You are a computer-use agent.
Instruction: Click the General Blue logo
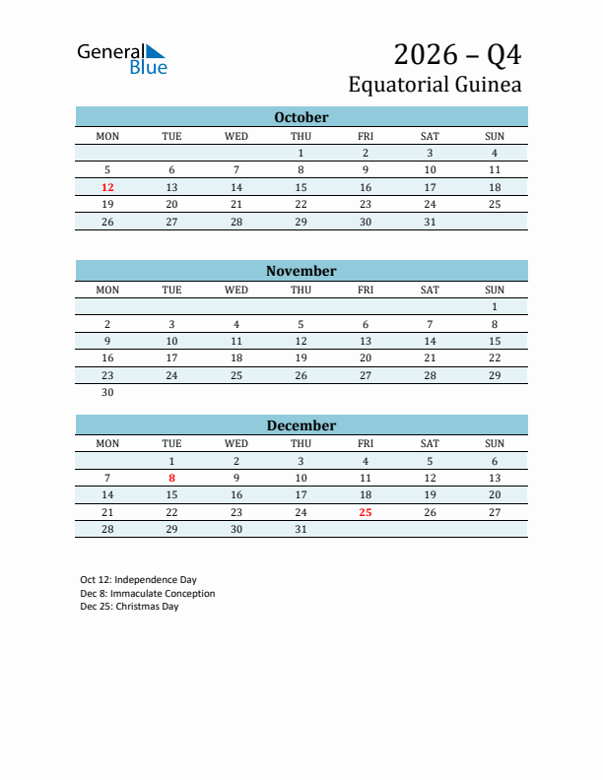[122, 58]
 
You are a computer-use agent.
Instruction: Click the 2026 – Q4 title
[457, 53]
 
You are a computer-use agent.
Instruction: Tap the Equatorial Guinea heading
[435, 85]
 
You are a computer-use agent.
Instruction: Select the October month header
[301, 117]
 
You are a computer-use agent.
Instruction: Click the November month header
[301, 271]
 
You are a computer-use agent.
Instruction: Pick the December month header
[301, 425]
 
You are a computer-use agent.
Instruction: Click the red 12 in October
[107, 187]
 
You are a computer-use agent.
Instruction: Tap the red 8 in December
[171, 478]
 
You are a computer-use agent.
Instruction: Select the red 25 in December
[366, 512]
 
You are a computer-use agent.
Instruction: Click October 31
[430, 222]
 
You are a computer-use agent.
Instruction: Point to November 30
[107, 392]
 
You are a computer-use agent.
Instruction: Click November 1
[495, 307]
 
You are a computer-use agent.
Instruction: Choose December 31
[301, 529]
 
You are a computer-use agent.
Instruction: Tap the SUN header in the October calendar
[495, 136]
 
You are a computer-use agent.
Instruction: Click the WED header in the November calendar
[236, 290]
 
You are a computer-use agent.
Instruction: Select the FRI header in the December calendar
[366, 443]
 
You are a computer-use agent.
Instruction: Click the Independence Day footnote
[138, 580]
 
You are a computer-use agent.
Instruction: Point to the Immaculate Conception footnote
[148, 594]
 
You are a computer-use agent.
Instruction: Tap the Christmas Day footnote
[129, 607]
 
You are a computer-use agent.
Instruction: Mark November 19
[301, 358]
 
